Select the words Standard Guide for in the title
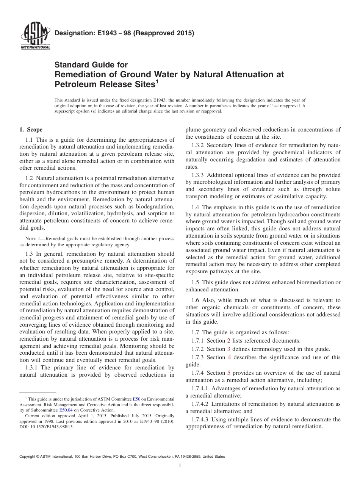click(91, 65)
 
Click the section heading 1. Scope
click(31, 130)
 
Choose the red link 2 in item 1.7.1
click(229, 341)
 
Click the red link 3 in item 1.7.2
click(229, 349)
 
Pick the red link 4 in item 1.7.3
click(229, 357)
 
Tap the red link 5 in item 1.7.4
click(229, 373)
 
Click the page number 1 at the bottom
click(180, 466)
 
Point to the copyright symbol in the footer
click(36, 457)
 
